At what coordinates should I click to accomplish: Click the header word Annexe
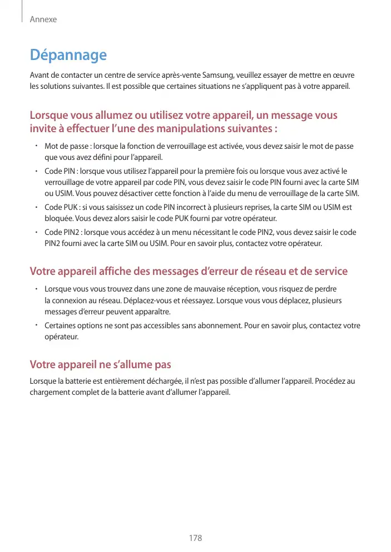pyautogui.click(x=43, y=19)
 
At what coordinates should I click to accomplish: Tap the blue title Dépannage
pyautogui.click(x=68, y=56)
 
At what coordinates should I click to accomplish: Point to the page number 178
pyautogui.click(x=195, y=538)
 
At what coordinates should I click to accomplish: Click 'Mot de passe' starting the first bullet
pyautogui.click(x=67, y=146)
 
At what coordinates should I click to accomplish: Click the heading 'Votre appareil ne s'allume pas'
pyautogui.click(x=100, y=365)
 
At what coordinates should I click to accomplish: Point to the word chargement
pyautogui.click(x=51, y=392)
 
